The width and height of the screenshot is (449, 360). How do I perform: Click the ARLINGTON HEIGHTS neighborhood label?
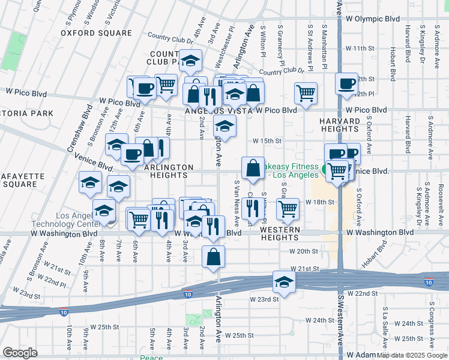(168, 171)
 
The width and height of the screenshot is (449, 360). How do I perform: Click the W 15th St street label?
(267, 141)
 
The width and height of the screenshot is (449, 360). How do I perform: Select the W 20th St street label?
(303, 251)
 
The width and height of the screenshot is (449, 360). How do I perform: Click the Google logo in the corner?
(20, 352)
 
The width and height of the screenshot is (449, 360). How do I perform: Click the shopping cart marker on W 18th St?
(288, 209)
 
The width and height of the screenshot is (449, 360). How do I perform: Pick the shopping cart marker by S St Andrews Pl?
(306, 93)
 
